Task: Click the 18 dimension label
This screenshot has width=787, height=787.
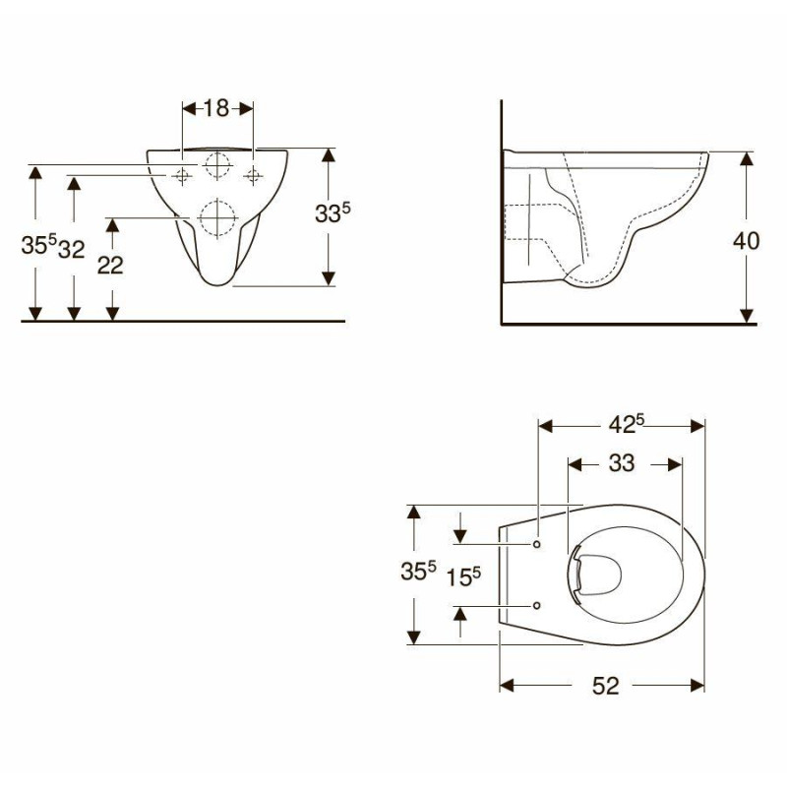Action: (216, 108)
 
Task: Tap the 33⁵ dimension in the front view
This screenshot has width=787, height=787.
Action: (333, 212)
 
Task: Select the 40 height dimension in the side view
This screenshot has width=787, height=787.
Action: (746, 241)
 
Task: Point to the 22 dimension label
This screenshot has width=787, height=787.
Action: (110, 265)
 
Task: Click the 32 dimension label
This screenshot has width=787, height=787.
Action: (71, 250)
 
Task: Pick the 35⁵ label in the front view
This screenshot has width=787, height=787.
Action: (38, 244)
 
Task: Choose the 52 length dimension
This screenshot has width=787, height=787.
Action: (606, 686)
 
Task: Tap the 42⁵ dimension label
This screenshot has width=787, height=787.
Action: (626, 424)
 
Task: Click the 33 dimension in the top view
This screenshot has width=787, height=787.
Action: (622, 463)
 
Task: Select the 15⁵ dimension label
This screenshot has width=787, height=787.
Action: (463, 576)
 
